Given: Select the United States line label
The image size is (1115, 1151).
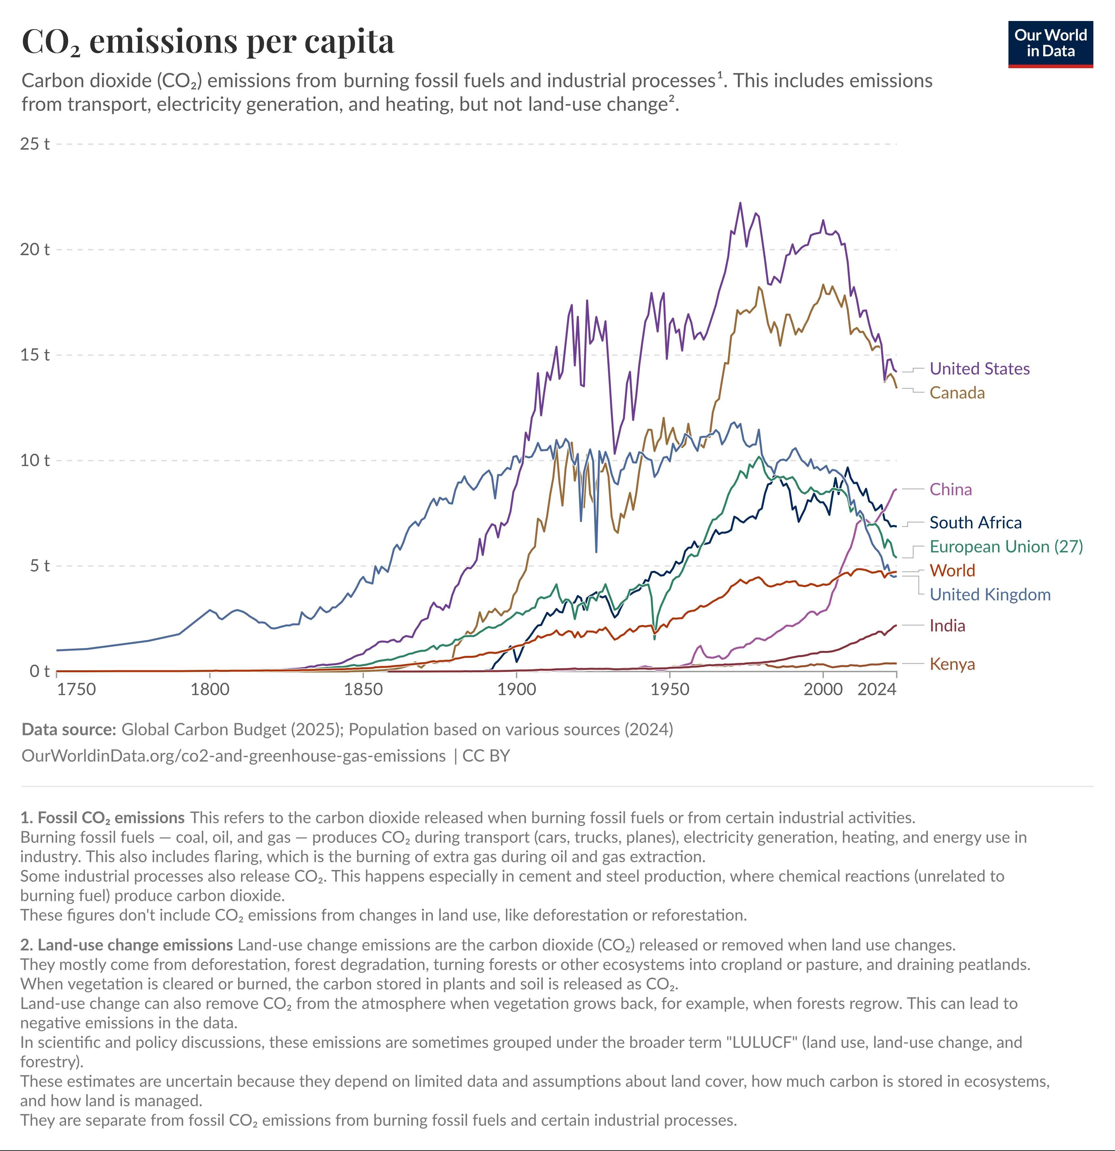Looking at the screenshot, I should (979, 369).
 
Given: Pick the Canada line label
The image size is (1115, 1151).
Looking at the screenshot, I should (957, 393).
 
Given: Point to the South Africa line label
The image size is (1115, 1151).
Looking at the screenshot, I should (975, 523).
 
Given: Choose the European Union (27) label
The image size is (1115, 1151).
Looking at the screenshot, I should (1006, 547).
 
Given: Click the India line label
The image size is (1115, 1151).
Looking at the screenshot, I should (947, 625).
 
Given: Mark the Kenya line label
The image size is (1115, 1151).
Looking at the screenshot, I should (952, 664).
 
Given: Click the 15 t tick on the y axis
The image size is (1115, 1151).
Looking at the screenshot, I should (35, 355).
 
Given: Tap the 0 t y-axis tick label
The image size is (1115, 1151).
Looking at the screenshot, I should (39, 671).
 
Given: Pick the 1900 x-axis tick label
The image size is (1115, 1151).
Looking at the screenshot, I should (517, 689).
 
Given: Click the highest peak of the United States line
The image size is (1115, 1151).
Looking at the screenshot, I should (740, 203).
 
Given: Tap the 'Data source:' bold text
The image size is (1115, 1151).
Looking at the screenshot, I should (69, 729).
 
